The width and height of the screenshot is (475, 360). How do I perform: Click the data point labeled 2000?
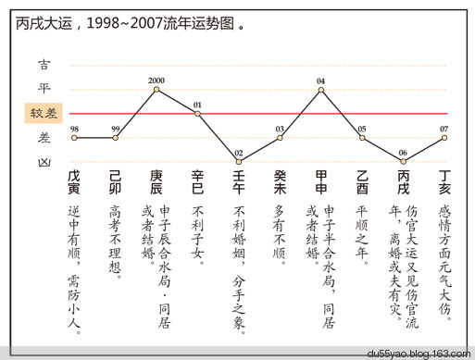pos(156,90)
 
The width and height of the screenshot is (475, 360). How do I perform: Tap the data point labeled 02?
pos(238,161)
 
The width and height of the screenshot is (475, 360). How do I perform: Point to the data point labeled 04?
pos(320,90)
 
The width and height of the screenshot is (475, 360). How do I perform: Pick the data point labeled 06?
pos(403,161)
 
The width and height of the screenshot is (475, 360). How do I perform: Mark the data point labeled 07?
pos(444,138)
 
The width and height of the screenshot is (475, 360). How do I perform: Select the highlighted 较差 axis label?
pos(44,113)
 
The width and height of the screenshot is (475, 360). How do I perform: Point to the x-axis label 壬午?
pos(238,181)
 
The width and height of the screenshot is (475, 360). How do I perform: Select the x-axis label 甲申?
pos(320,181)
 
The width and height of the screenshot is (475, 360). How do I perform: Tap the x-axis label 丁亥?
pos(444,181)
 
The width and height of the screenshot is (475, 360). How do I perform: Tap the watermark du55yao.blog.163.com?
pos(419,353)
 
